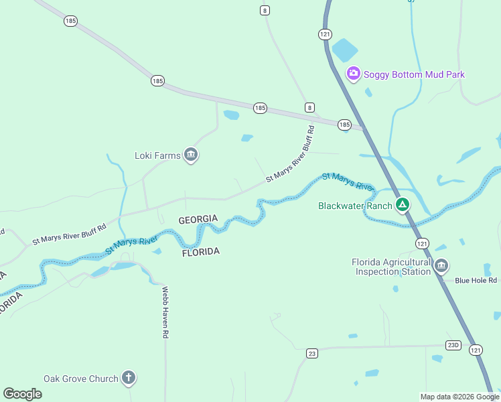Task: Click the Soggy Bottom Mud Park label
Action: click(414, 74)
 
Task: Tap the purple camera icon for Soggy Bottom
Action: click(353, 74)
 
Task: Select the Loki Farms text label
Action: click(157, 156)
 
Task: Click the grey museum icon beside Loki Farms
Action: click(191, 156)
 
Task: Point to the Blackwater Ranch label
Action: click(354, 206)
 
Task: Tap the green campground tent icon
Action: click(402, 205)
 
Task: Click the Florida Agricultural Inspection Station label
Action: click(392, 267)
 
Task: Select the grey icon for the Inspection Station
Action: click(441, 267)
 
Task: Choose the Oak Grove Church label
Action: click(80, 379)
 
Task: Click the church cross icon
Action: click(129, 379)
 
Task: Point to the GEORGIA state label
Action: click(198, 220)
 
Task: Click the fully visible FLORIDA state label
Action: click(201, 251)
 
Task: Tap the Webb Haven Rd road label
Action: click(165, 312)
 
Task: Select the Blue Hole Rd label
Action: click(476, 281)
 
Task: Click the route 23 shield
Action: click(311, 353)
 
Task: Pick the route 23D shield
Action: click(453, 345)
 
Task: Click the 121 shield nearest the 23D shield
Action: click(476, 350)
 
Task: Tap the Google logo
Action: click(22, 394)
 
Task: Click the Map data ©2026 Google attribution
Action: click(459, 397)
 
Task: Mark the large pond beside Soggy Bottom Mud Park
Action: click(345, 50)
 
